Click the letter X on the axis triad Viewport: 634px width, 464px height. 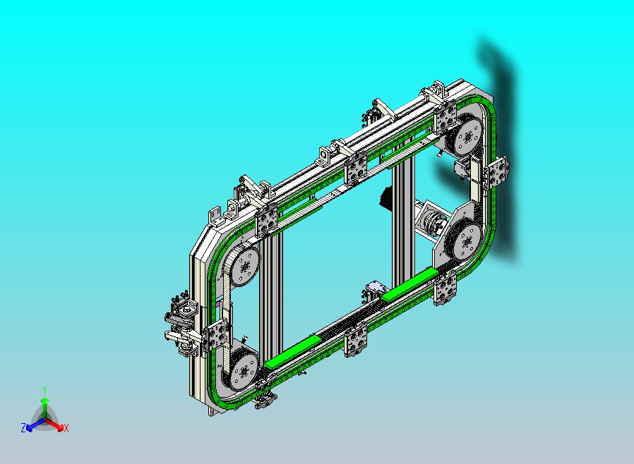(66, 429)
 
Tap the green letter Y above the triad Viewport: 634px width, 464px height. (44, 390)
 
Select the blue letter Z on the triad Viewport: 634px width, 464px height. (23, 428)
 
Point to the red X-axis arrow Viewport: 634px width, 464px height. (54, 424)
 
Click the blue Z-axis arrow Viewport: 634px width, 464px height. (35, 425)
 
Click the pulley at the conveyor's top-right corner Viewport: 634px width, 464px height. (466, 135)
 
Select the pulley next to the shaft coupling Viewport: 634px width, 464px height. (464, 242)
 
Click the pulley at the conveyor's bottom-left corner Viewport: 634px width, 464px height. (241, 372)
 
